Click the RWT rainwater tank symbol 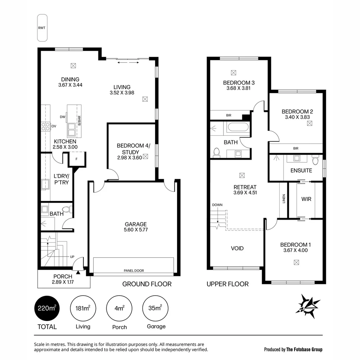[x=42, y=28]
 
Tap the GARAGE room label [x=136, y=224]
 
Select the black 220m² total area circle [x=47, y=308]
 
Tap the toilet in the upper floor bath [x=216, y=152]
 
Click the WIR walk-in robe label [x=306, y=199]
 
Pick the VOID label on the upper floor [x=237, y=248]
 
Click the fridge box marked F [x=77, y=159]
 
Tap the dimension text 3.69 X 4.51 [x=245, y=192]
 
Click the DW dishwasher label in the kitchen [x=62, y=117]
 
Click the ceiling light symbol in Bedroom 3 [x=233, y=72]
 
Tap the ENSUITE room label [x=301, y=170]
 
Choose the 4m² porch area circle [x=119, y=308]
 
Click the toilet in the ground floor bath [x=66, y=210]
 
